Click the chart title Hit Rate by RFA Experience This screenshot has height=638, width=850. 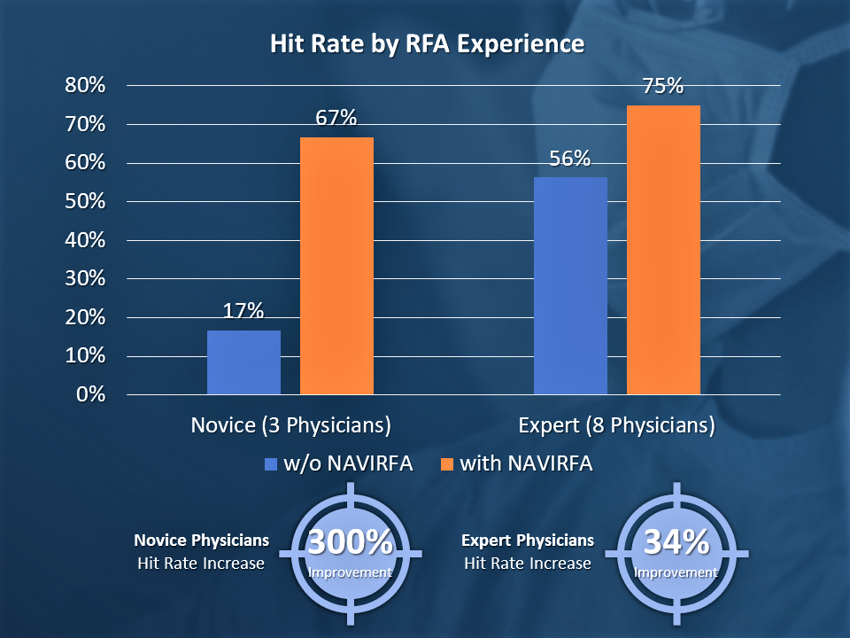coord(427,44)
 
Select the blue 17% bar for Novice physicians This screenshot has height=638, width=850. coord(243,362)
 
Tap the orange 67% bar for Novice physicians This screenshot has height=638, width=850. coord(336,266)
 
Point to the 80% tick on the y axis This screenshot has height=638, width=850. coord(85,86)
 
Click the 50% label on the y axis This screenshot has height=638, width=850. coord(85,202)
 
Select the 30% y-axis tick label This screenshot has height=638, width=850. coord(85,279)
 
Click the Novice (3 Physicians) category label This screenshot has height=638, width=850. coord(291,425)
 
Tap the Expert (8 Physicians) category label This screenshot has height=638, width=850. coord(616,425)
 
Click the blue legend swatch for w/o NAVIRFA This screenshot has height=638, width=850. coord(271,463)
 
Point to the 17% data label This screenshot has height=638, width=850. coord(243,310)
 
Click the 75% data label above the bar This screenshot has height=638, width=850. coord(662,86)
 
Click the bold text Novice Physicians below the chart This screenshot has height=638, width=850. coord(202,541)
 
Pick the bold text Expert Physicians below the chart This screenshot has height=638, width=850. coord(528,541)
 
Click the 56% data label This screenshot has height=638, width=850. coord(569,159)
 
